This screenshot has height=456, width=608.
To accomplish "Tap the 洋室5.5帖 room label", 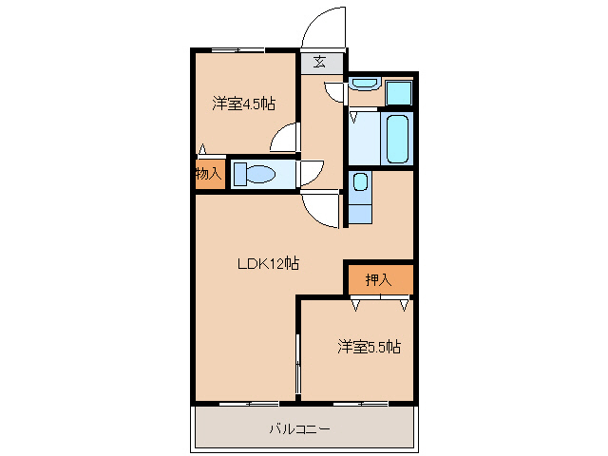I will pos(368,348).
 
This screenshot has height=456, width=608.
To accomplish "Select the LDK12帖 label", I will pos(268,263).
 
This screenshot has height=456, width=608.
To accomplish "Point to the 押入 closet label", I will pos(378,279).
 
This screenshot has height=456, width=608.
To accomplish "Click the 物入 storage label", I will pos(208,174).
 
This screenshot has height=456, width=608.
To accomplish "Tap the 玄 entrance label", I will pos(320,63).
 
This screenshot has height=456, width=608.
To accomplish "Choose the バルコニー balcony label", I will pos(298,429).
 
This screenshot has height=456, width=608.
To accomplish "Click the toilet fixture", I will pos(254,174).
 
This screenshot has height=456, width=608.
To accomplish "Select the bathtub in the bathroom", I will pos(397,138).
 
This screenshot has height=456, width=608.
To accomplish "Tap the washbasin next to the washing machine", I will pos(363,85).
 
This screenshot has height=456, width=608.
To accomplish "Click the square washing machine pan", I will pos(399,93).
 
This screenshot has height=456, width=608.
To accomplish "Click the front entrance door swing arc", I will pos(322,26).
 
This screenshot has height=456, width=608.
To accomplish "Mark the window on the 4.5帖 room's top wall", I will pos(237,49).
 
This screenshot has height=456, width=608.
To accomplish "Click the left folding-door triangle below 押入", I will pos(357,304).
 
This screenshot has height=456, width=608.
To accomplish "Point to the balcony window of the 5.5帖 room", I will pos(360,404).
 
